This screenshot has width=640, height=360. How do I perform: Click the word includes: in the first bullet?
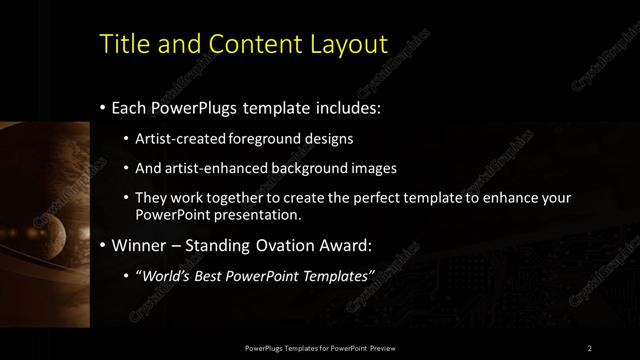tap(339, 107)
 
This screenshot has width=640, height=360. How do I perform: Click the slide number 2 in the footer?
tap(590, 348)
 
